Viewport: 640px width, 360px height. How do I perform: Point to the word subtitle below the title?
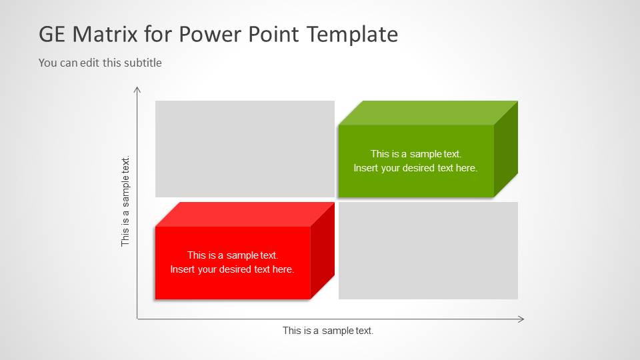[x=141, y=63]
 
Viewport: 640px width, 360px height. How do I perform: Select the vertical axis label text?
[x=125, y=201]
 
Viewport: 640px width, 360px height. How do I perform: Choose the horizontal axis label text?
[x=328, y=331]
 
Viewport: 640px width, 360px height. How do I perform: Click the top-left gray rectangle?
[x=245, y=149]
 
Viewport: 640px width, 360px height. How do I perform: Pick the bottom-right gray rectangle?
[x=428, y=251]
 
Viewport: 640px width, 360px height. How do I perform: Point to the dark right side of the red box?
[x=323, y=251]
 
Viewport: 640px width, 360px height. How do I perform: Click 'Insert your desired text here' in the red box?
[x=232, y=269]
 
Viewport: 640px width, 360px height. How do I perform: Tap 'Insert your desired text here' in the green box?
[x=415, y=168]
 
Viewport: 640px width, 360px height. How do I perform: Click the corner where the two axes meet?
[x=137, y=319]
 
